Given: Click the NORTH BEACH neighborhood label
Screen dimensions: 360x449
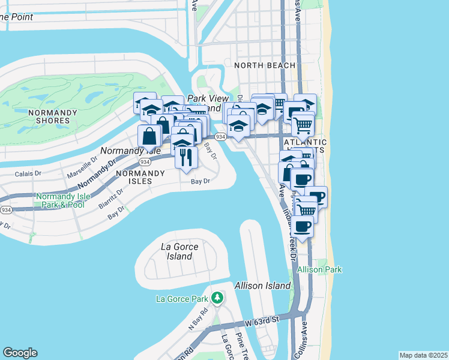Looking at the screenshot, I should click(x=265, y=65).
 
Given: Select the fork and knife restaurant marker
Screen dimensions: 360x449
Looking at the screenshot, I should click(x=185, y=157).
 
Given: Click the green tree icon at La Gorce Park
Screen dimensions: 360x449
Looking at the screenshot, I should click(x=217, y=298).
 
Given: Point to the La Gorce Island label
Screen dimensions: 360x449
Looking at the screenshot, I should click(x=179, y=251).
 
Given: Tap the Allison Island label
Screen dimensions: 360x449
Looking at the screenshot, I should click(x=263, y=286).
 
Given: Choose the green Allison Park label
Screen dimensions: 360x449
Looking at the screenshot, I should click(x=319, y=270).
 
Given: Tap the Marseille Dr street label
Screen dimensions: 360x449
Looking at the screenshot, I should click(x=82, y=169).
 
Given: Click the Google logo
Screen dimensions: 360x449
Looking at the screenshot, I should click(x=20, y=353).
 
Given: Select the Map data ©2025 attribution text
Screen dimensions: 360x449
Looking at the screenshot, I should click(x=423, y=355).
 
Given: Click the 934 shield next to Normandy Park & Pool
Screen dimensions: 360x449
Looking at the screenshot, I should click(x=6, y=210).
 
